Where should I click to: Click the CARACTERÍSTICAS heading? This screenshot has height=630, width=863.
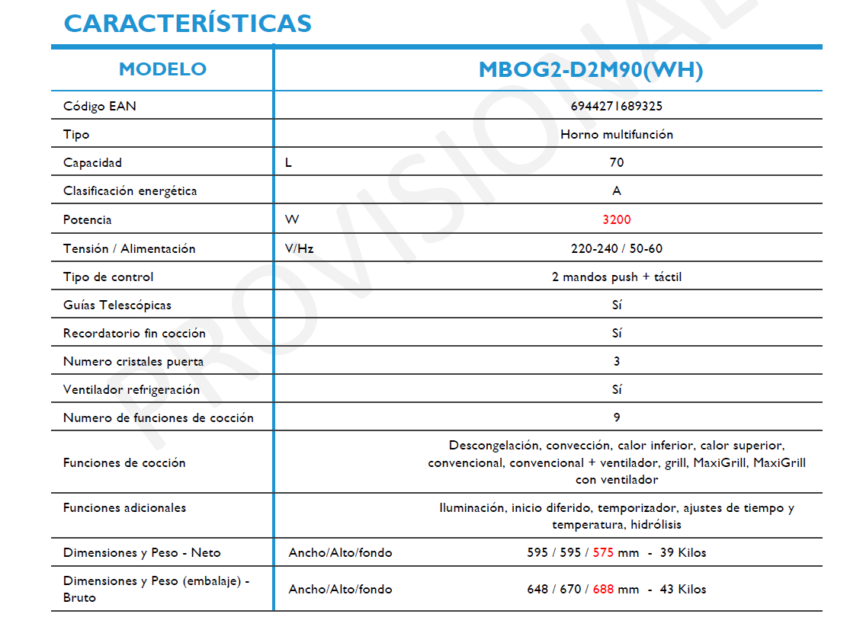click(x=188, y=23)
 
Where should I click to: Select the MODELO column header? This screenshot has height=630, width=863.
click(x=162, y=69)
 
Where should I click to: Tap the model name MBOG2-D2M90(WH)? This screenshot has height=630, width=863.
click(x=590, y=70)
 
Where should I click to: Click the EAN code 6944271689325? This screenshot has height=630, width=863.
click(x=616, y=106)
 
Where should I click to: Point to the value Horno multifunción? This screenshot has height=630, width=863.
click(x=616, y=134)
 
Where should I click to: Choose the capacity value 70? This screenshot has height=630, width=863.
click(x=617, y=162)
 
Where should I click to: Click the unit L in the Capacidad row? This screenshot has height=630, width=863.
click(x=288, y=162)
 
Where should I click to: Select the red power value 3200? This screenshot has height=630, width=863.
click(x=617, y=219)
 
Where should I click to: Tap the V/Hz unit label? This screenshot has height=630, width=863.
click(x=299, y=248)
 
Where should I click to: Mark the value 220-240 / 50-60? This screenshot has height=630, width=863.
click(x=616, y=248)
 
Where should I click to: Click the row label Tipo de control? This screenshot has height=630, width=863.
click(x=108, y=277)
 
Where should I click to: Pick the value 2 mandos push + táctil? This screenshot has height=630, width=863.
click(x=616, y=277)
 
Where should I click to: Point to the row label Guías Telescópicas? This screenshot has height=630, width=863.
click(x=117, y=305)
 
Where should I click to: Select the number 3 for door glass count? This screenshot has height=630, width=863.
click(x=617, y=361)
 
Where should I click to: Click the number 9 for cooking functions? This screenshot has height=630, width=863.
click(x=617, y=417)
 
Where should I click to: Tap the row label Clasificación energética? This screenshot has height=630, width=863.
click(x=130, y=190)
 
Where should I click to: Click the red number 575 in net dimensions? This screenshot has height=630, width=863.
click(x=603, y=552)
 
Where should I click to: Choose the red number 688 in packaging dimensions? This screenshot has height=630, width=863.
click(x=603, y=589)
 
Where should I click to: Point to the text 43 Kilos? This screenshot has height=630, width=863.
click(x=683, y=589)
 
